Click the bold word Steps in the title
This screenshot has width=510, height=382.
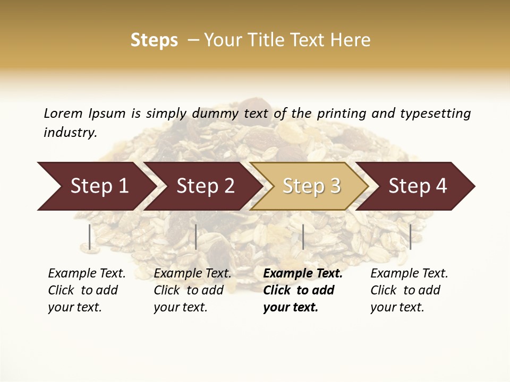pyautogui.click(x=154, y=40)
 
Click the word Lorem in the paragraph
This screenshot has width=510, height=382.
pyautogui.click(x=63, y=113)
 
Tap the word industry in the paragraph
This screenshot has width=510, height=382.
pyautogui.click(x=70, y=132)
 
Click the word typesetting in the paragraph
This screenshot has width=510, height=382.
pyautogui.click(x=435, y=113)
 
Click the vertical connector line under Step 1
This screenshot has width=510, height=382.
pyautogui.click(x=90, y=237)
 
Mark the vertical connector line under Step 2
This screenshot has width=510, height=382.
pyautogui.click(x=196, y=237)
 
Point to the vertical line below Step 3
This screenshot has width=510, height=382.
pyautogui.click(x=303, y=237)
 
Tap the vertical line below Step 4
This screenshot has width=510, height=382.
pyautogui.click(x=410, y=237)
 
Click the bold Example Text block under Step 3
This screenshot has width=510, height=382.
pyautogui.click(x=302, y=290)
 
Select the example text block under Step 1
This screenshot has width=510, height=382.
pyautogui.click(x=86, y=290)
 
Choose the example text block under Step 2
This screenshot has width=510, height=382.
pyautogui.click(x=192, y=290)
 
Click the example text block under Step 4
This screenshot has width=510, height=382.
pyautogui.click(x=409, y=290)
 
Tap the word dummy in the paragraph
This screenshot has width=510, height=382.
pyautogui.click(x=216, y=113)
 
